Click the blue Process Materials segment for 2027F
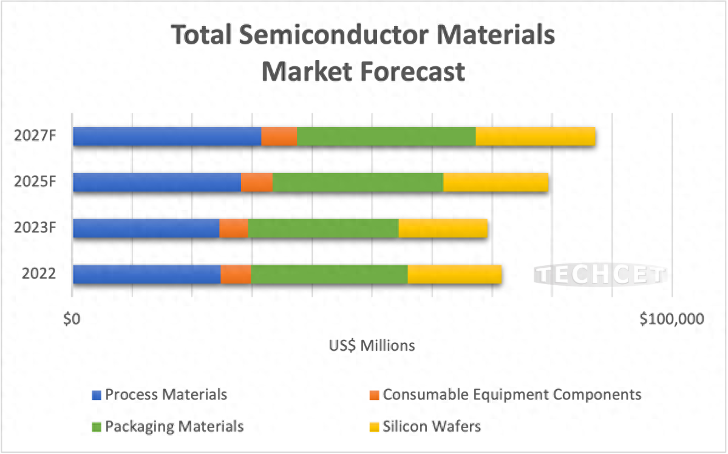pos(167,137)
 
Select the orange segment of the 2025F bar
pos(257,182)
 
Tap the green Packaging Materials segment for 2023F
pos(323,228)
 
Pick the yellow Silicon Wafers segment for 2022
pos(454,274)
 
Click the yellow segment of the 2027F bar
pos(535,137)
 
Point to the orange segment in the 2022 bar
pos(236,274)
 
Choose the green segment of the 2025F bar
pos(358,182)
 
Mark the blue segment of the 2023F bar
pos(146,228)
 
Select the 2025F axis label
pos(35,181)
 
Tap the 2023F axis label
pos(35,228)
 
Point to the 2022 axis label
pos(39,274)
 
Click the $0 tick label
pos(72,319)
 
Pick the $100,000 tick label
pos(672,319)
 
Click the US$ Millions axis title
pos(372,346)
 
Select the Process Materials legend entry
pos(166,395)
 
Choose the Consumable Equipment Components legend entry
pos(512,395)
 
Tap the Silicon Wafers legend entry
pos(432,427)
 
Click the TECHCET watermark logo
pos(600,275)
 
